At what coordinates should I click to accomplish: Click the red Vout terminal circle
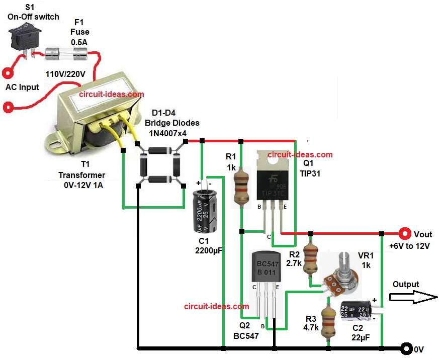[x=404, y=233]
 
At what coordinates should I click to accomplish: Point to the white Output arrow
[x=413, y=297]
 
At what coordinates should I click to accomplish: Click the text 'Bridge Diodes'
[x=172, y=123]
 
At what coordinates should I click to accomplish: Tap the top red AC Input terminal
[x=9, y=73]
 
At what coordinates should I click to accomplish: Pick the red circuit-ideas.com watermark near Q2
[x=216, y=306]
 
